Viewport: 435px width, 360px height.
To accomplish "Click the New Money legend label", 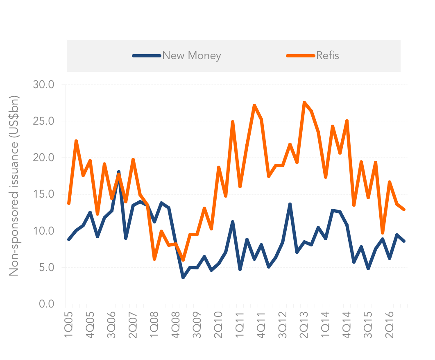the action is (x=192, y=55).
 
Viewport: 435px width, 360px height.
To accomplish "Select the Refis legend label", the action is (x=328, y=55).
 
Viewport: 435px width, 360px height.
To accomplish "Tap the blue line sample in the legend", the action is (x=147, y=56).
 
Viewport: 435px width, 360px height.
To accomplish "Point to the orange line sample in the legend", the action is (x=301, y=56).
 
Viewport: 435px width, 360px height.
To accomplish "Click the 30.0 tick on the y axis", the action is (x=43, y=84).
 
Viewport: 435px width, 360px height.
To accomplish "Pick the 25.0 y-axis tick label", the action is (x=43, y=121).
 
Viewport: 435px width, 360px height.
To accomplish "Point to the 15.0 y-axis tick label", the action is (x=43, y=194).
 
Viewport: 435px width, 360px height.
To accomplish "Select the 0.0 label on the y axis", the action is (x=47, y=304).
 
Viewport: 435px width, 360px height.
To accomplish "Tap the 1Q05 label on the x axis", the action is (x=68, y=325).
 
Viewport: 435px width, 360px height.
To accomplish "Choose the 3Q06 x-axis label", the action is (x=111, y=325).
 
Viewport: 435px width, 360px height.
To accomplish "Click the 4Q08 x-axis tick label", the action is (x=176, y=325).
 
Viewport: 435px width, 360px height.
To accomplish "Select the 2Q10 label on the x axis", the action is (x=219, y=325).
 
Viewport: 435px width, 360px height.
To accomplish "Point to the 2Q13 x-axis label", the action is (x=304, y=325).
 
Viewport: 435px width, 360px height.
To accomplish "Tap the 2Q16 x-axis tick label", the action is (x=390, y=325).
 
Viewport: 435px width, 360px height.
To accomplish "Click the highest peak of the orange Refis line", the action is (x=304, y=103).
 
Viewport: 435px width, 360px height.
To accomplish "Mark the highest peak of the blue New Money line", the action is (x=119, y=172).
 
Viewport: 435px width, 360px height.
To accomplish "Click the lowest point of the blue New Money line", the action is (x=183, y=278).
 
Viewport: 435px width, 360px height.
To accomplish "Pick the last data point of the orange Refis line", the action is (x=404, y=210).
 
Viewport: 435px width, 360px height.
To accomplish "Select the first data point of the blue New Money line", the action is (x=69, y=239).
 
